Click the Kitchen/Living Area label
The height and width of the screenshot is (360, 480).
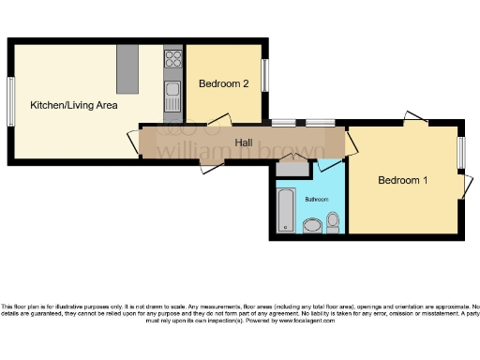pos(73,105)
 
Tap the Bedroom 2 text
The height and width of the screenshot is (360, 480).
pos(223,83)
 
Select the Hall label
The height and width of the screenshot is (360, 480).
pos(244,142)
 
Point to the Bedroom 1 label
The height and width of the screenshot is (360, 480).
pos(403,179)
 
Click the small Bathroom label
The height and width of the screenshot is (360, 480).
pos(317,199)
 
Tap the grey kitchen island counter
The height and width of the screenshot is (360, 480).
pos(127,67)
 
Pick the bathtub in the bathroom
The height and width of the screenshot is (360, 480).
pos(285,210)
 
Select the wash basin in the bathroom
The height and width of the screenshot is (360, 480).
pos(311,225)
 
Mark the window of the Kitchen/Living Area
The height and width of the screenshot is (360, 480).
pos(10,99)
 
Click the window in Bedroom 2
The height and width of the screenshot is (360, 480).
pos(265,75)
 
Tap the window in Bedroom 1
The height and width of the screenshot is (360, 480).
pos(461,153)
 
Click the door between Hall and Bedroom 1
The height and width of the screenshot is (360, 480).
pos(350,142)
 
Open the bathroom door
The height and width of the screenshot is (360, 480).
pos(330,164)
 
